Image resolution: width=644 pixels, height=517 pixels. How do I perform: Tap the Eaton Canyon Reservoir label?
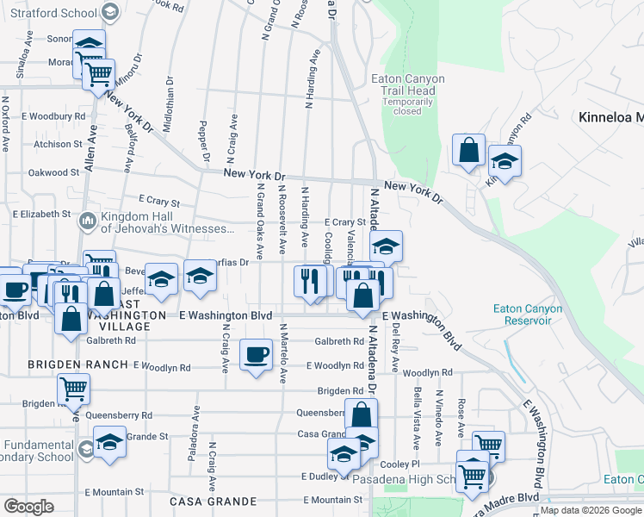pyautogui.click(x=528, y=315)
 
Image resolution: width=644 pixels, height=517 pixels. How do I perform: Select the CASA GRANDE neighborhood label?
pyautogui.click(x=213, y=501)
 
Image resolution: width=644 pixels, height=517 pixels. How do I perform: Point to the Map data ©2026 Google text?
pyautogui.click(x=591, y=510)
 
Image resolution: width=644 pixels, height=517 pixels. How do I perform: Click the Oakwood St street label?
pyautogui.click(x=53, y=172)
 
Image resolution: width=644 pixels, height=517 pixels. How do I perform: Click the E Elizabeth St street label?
pyautogui.click(x=42, y=213)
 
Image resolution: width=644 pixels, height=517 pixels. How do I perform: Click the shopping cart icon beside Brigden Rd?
pyautogui.click(x=73, y=389)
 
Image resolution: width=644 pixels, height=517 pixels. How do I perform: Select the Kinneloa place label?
pyautogui.click(x=611, y=117)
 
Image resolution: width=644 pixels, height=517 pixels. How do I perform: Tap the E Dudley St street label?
pyautogui.click(x=324, y=476)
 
